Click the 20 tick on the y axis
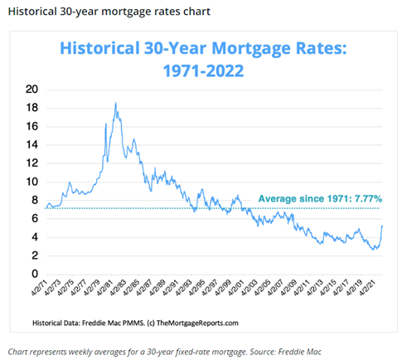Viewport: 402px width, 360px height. click(32, 89)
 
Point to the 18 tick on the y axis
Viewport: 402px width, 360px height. click(32, 107)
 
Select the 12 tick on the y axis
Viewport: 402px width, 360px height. click(32, 163)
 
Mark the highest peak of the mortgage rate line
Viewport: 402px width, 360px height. click(115, 103)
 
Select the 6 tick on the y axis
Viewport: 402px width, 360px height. click(35, 218)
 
